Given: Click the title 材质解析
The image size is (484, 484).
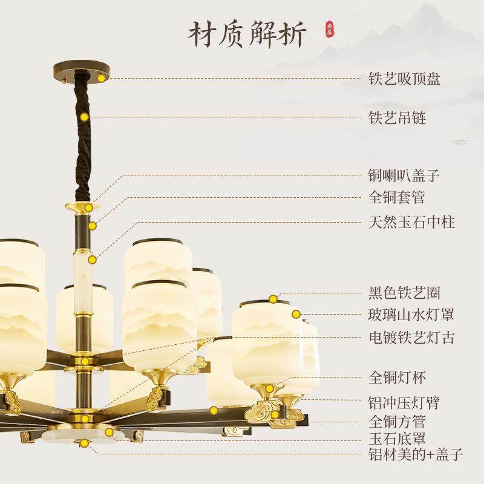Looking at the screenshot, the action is [x=247, y=34].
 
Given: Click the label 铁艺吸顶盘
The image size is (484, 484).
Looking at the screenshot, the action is [x=404, y=79].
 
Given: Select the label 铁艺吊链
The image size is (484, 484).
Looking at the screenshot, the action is [x=397, y=117].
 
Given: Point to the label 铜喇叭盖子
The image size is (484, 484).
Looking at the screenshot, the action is [x=404, y=176].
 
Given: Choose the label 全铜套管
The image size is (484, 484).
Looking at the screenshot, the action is [x=397, y=197].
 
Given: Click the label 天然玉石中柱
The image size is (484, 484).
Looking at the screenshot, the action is [x=411, y=222].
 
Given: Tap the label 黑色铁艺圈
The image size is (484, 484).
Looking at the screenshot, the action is [x=404, y=293].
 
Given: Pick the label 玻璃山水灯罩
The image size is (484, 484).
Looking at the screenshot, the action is [x=411, y=315].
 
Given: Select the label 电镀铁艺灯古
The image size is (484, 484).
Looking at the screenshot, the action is [x=411, y=337].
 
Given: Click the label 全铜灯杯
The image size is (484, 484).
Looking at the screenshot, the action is [x=397, y=379].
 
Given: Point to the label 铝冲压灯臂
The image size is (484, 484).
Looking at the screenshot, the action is [x=404, y=402].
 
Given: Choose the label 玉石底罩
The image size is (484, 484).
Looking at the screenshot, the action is [x=397, y=438].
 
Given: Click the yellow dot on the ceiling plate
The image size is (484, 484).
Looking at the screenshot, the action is [x=102, y=78].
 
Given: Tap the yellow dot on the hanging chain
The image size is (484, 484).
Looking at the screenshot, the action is [x=85, y=117].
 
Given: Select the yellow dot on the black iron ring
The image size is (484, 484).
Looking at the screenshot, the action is [x=273, y=298].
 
